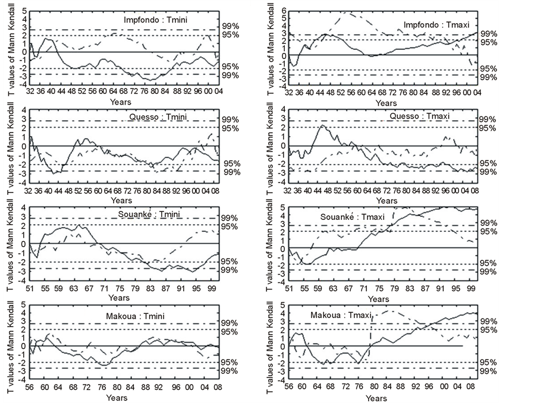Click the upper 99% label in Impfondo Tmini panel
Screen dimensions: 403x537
[230, 27]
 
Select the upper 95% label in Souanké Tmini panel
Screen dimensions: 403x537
[230, 226]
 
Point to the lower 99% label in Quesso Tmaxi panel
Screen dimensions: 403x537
[489, 172]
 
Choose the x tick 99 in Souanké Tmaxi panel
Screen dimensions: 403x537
[470, 288]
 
